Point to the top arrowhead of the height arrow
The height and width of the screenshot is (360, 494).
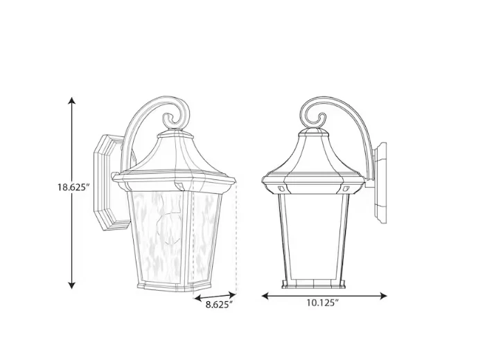point(71,101)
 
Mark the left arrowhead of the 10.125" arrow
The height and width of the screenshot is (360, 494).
point(265,296)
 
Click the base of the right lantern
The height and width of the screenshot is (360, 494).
point(313,281)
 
